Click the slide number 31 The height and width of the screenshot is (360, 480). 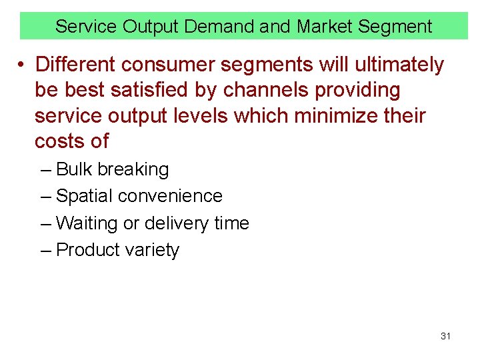tap(445, 336)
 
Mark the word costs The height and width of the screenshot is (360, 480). tap(62, 141)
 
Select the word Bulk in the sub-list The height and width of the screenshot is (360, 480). tap(75, 169)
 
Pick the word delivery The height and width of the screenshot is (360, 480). tap(177, 223)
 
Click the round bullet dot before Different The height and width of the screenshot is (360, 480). tap(22, 65)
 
